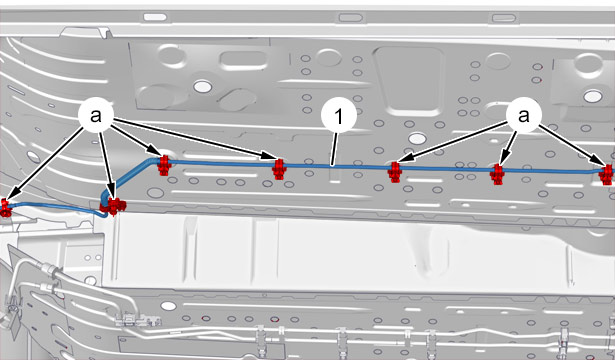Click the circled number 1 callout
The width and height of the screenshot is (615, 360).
coord(339,116)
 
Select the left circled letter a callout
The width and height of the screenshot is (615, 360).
coord(96,116)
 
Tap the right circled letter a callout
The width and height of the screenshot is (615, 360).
coord(524,115)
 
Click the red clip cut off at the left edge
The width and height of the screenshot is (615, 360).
coord(5,207)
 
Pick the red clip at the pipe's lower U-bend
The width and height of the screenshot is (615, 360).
coord(115,206)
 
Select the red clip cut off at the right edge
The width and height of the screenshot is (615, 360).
coord(607,175)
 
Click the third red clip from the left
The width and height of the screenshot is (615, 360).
coord(164,165)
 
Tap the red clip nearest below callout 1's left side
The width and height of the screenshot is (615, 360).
coord(279,169)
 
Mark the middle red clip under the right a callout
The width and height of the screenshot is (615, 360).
coord(497,175)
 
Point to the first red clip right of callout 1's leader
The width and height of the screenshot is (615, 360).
coord(395,172)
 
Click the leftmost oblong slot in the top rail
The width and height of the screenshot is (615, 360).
coord(155,17)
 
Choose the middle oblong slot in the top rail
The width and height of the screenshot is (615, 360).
coord(350,18)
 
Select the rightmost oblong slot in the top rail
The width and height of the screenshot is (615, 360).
coord(504,18)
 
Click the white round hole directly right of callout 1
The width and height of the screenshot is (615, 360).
coord(417,138)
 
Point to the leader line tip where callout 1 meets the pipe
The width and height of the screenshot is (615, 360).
coord(332,166)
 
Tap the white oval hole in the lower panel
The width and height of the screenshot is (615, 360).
coord(168,306)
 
